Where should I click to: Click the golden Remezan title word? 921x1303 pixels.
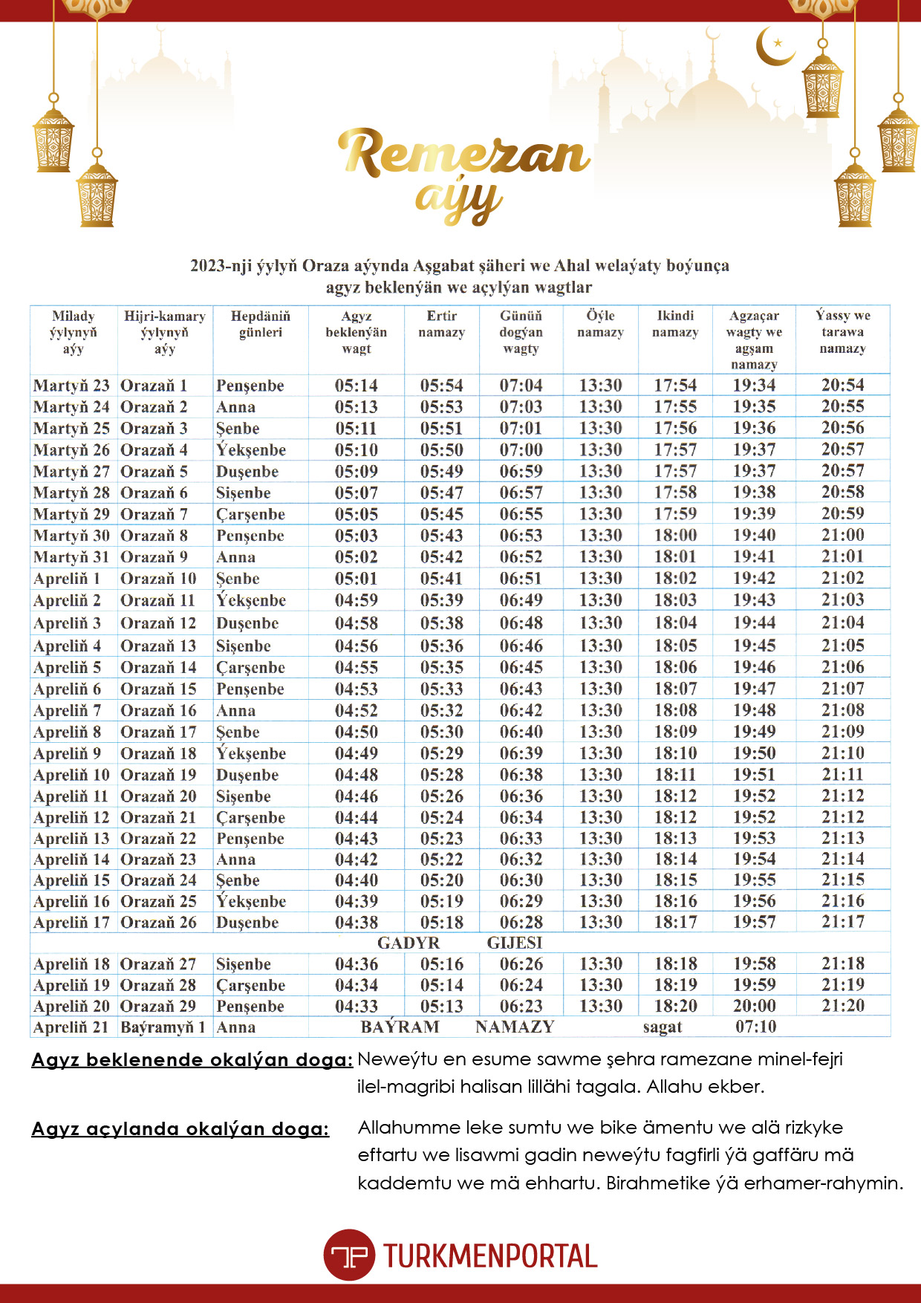coord(464,154)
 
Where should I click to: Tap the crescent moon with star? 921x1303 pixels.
coord(774,46)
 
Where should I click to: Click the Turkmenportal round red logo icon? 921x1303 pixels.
coord(348,1255)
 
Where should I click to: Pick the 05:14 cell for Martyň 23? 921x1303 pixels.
coord(356,386)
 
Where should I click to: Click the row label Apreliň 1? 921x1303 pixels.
coord(67,579)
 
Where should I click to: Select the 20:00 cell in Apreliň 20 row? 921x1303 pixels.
coord(754,1006)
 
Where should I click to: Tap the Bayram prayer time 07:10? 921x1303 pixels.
coord(755,1027)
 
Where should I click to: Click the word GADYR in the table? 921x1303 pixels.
coord(409,943)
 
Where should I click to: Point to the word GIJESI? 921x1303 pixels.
coord(515,943)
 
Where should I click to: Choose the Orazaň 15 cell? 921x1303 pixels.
coord(158,689)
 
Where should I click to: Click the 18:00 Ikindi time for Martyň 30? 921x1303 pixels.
coord(675,536)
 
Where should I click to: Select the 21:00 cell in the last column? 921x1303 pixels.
coord(842,535)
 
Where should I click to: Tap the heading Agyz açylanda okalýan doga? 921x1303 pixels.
coord(180,1129)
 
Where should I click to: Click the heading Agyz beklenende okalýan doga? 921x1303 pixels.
coord(192,1060)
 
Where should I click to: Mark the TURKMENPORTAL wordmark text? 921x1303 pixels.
coord(490,1255)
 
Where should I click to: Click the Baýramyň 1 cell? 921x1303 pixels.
coord(163,1027)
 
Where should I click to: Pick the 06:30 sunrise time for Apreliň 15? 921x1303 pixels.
coord(521,880)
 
